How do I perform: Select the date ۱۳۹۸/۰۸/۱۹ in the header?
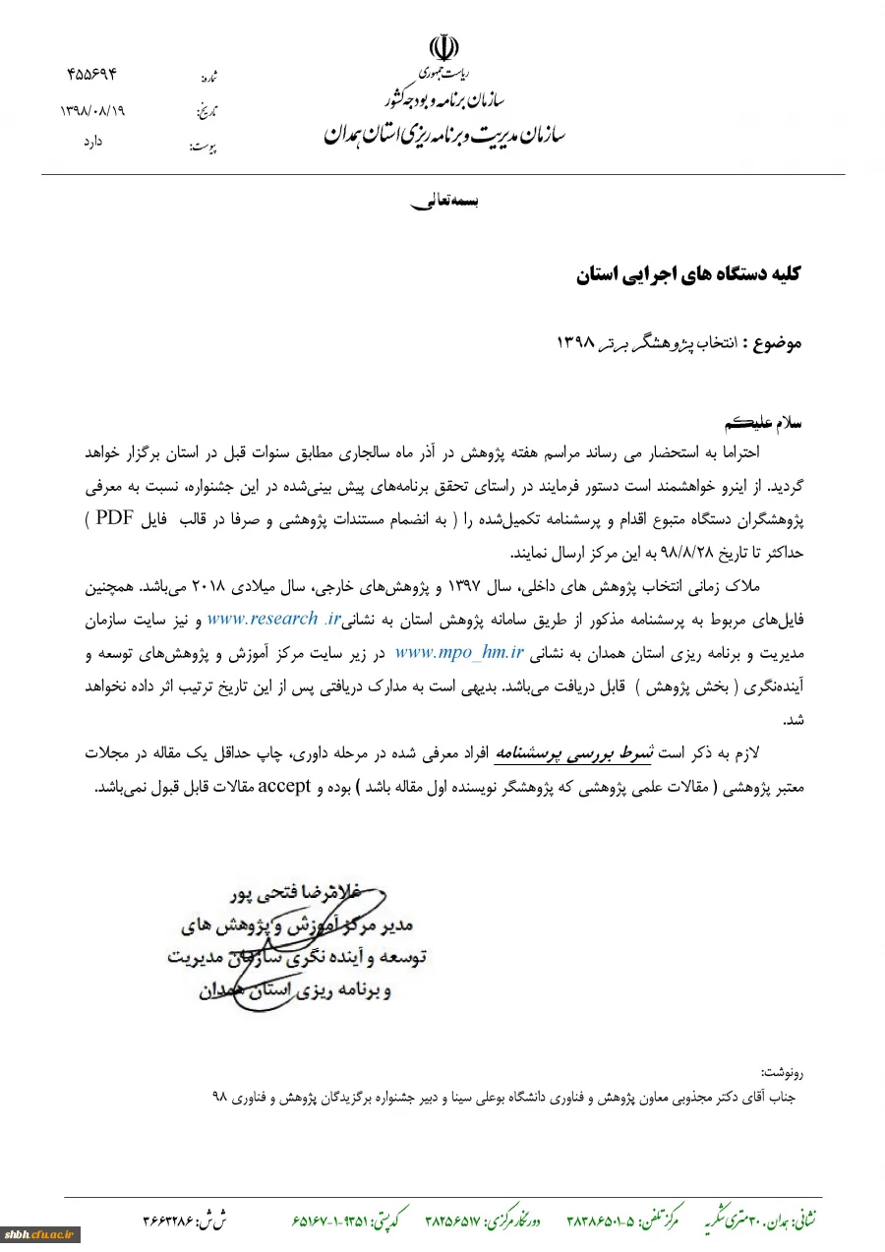click(x=92, y=110)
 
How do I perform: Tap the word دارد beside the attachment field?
click(x=92, y=142)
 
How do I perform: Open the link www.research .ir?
click(x=274, y=620)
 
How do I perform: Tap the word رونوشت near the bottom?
click(x=783, y=1071)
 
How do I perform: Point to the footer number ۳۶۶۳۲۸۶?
click(x=169, y=1221)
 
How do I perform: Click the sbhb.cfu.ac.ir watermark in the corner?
click(x=39, y=1234)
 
